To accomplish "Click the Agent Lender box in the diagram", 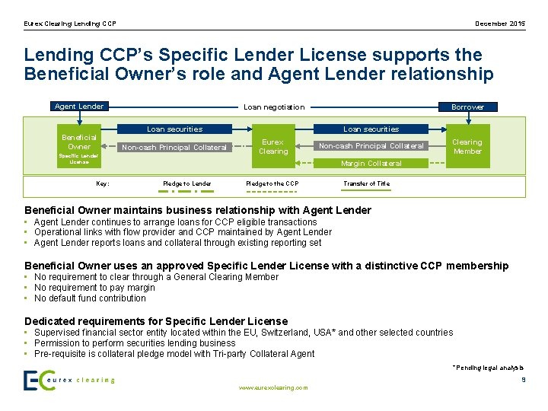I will (x=79, y=107).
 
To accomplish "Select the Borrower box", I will (x=467, y=107).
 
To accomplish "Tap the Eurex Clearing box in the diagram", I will (x=273, y=146).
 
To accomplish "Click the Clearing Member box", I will (x=467, y=146).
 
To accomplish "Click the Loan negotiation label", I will (x=273, y=107).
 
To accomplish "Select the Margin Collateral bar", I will (x=371, y=163).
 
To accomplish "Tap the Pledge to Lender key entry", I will (x=187, y=183).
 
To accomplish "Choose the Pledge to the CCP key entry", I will (x=272, y=183).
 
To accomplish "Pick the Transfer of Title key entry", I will (x=366, y=183).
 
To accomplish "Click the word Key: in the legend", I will (x=103, y=183).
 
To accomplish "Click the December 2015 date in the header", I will (x=500, y=24).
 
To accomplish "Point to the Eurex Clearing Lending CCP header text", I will (x=70, y=24).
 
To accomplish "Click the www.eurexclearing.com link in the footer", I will (x=273, y=387).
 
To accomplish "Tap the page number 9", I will (x=523, y=379).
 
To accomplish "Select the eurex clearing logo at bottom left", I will (x=68, y=380).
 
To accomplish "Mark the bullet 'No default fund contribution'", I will (x=90, y=298).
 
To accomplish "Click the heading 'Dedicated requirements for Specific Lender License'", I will (x=156, y=321).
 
